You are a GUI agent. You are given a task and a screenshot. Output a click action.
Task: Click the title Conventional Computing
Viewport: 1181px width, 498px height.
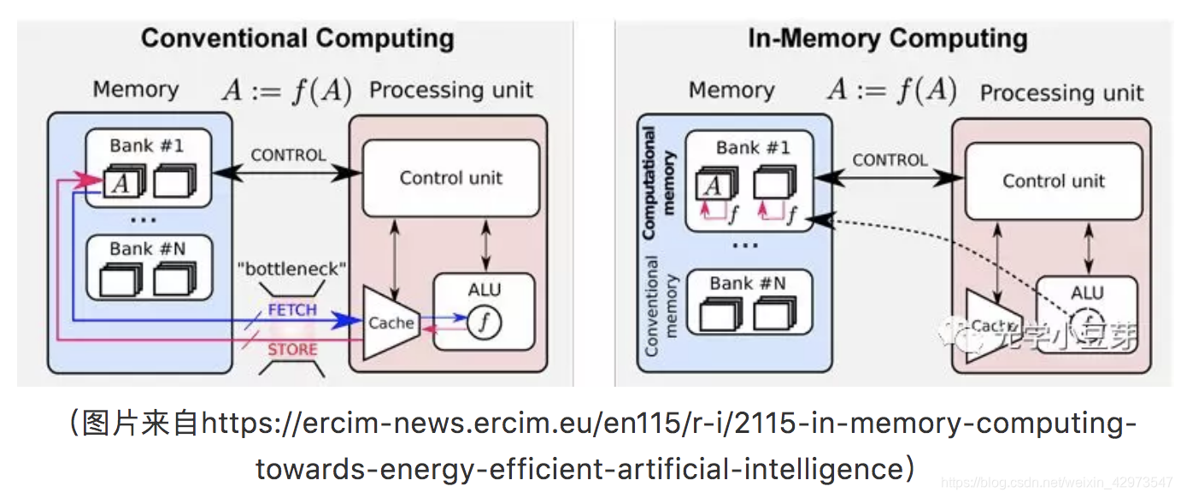pos(297,39)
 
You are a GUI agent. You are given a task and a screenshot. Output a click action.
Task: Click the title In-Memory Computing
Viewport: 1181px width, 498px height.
pos(887,39)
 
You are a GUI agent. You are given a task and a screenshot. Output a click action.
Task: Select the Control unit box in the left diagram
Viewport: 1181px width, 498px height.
pos(450,178)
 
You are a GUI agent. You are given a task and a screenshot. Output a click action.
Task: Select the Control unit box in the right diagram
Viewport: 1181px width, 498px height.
pos(1053,181)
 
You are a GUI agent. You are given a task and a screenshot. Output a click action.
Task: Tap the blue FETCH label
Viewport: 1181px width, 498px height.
pos(292,310)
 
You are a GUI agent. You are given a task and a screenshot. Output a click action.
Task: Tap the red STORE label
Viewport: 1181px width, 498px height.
pos(292,349)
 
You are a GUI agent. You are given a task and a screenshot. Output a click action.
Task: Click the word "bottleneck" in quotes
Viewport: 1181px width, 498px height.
pos(291,270)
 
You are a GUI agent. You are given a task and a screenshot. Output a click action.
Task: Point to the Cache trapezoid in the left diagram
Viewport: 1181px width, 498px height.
pos(390,323)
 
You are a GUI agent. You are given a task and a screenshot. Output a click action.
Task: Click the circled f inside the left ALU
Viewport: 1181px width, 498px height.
pos(485,322)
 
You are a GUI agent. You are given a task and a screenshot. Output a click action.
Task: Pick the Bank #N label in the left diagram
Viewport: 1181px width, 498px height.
pos(147,249)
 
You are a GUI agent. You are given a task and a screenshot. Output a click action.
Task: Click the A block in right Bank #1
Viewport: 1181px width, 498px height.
pos(713,184)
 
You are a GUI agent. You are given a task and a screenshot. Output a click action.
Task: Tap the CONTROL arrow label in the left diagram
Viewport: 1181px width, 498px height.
pos(288,155)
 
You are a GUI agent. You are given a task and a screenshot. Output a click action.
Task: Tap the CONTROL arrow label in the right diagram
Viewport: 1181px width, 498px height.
pos(890,160)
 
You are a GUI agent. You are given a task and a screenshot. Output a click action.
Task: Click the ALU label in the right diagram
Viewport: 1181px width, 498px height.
pos(1087,293)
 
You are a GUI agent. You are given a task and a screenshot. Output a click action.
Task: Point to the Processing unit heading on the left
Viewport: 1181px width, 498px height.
pos(450,90)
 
